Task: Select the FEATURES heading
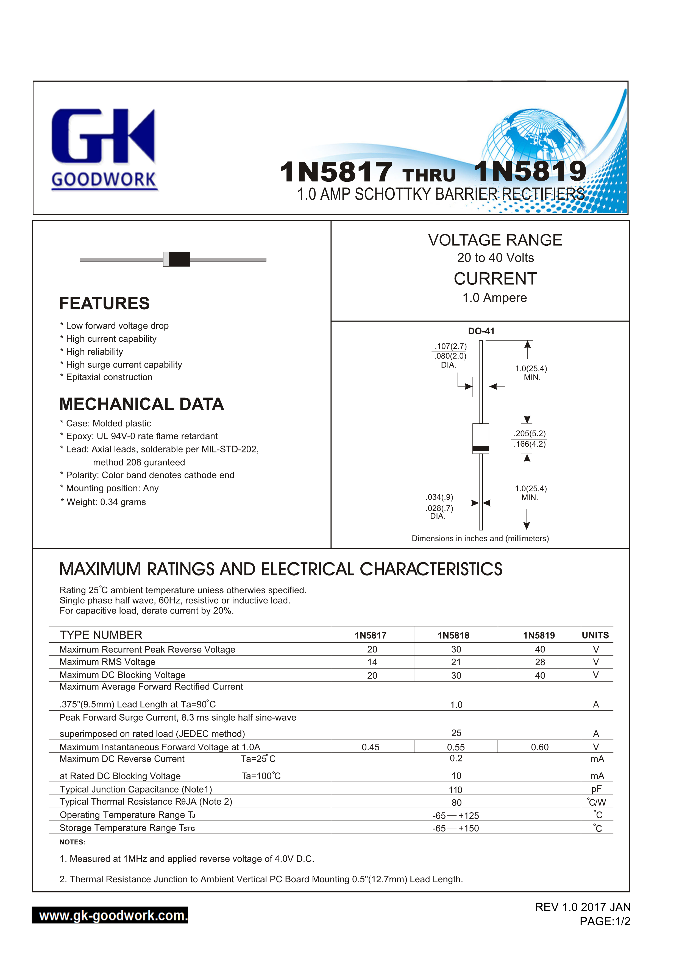tap(104, 303)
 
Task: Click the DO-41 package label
tap(481, 331)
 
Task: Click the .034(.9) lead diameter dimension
tap(439, 497)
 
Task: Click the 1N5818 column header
tap(453, 635)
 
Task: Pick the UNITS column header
tap(595, 635)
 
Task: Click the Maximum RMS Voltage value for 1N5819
tap(540, 662)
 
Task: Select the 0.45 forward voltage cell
tap(371, 747)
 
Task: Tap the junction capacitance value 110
tap(456, 790)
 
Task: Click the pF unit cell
tap(596, 789)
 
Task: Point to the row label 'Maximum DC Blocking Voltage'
tap(122, 675)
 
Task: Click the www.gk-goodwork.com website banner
tap(110, 915)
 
